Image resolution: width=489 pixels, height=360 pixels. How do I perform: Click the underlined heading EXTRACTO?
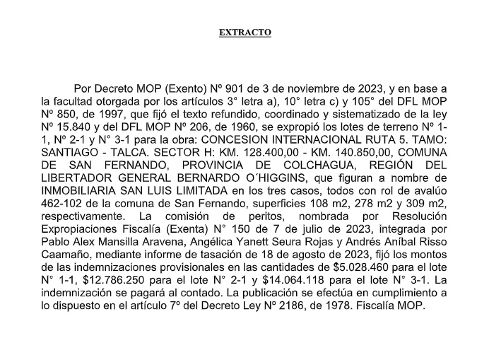(245, 33)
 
